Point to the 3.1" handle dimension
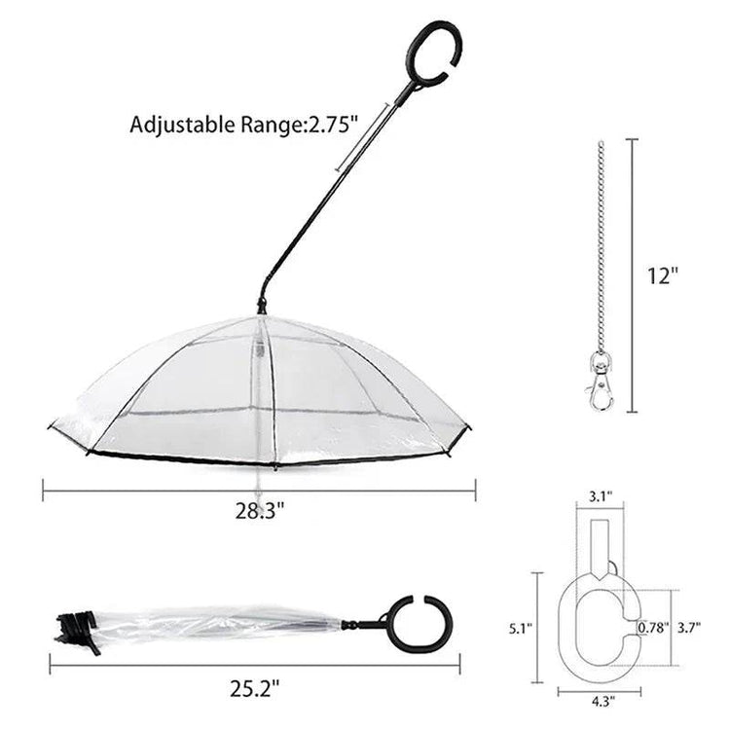coord(600,496)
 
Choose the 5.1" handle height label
coord(522,629)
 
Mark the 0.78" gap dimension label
coord(652,628)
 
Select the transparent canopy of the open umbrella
coord(195,389)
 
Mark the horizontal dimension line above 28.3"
coord(259,490)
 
